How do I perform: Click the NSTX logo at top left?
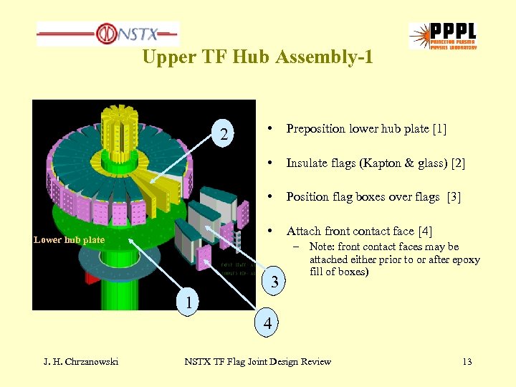[107, 33]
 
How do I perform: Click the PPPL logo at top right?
[442, 35]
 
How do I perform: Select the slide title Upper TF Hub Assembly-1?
[257, 57]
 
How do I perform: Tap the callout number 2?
[225, 134]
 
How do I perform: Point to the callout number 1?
[188, 302]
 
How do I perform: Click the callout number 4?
[267, 324]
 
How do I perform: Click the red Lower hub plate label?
[69, 240]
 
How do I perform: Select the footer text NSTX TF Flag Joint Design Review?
[257, 362]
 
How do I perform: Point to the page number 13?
[467, 362]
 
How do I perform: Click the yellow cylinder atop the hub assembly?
[122, 126]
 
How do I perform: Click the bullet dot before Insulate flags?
[267, 163]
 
